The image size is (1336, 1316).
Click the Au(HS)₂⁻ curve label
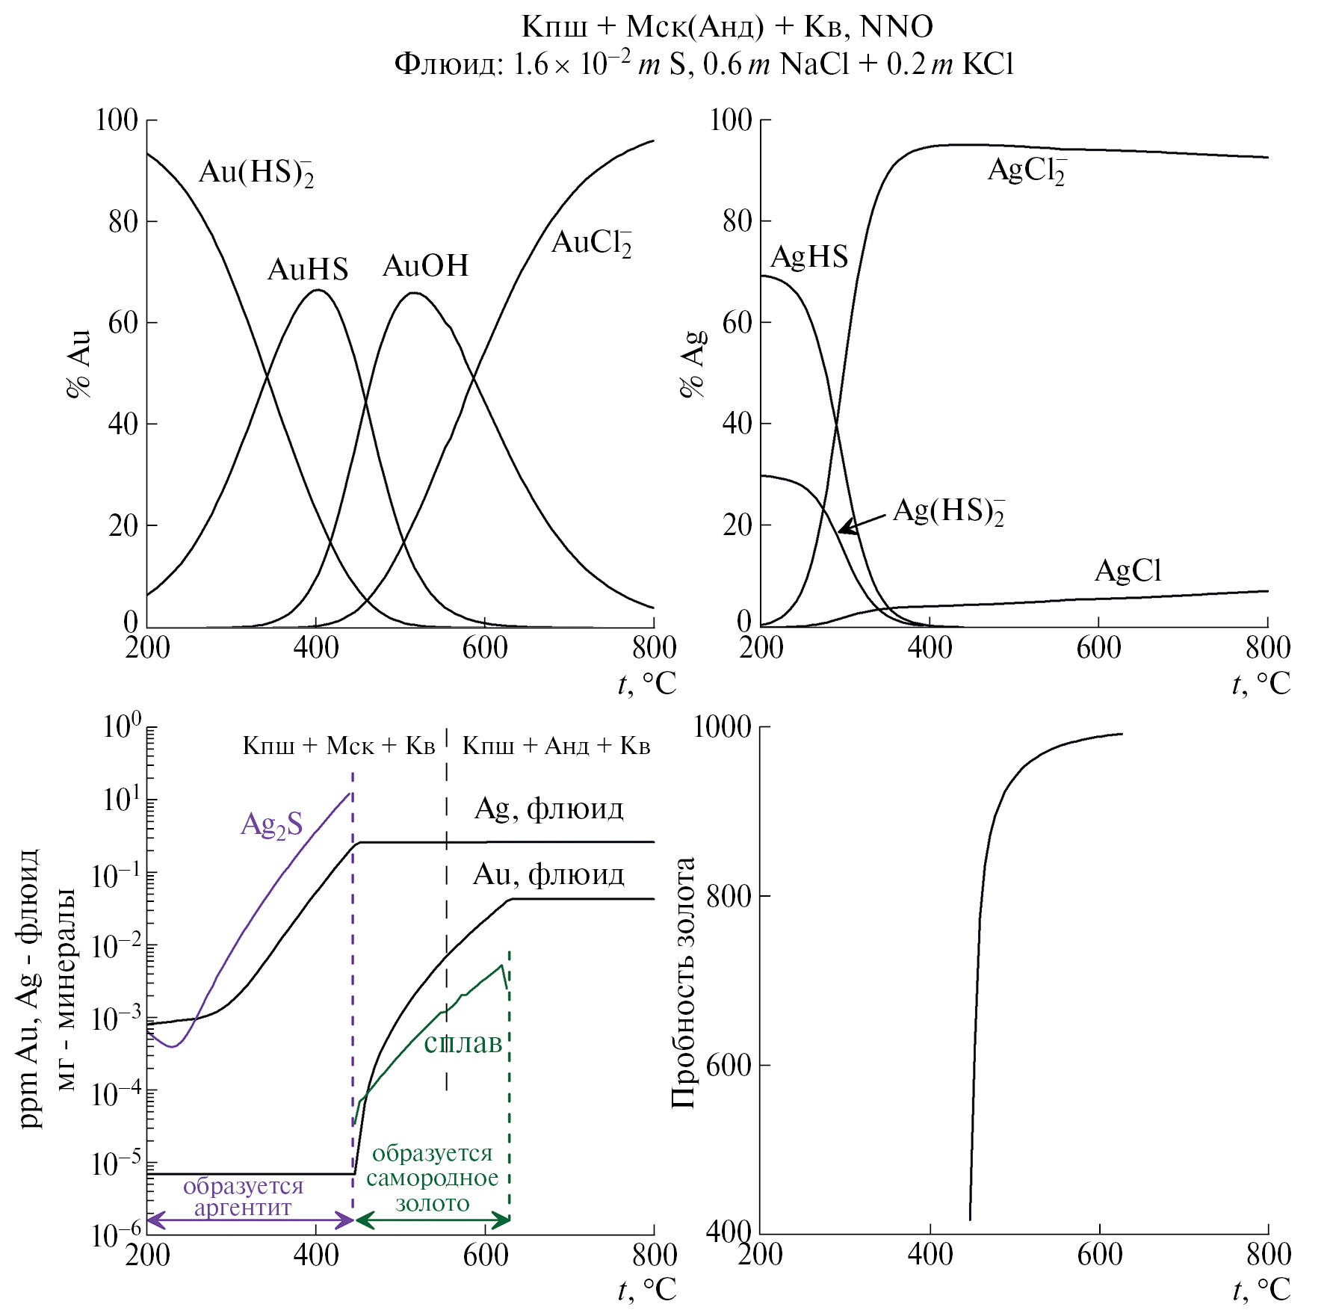[256, 173]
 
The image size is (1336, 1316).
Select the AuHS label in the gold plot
[308, 269]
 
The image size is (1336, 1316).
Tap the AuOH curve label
[425, 266]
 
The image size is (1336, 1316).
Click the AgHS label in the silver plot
[809, 257]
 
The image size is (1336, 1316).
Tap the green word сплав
[463, 1042]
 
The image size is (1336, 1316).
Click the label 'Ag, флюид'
[549, 809]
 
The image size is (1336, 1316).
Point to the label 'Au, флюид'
[548, 874]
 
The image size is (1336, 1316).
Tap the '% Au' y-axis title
[79, 364]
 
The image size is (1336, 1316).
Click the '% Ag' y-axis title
[693, 364]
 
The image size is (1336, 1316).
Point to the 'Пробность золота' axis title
[683, 983]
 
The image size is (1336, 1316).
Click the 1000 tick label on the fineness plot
[723, 726]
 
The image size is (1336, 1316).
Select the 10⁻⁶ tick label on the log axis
[116, 1235]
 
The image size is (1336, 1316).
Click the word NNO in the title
[897, 28]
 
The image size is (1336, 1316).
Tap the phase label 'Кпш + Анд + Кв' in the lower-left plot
[556, 746]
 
